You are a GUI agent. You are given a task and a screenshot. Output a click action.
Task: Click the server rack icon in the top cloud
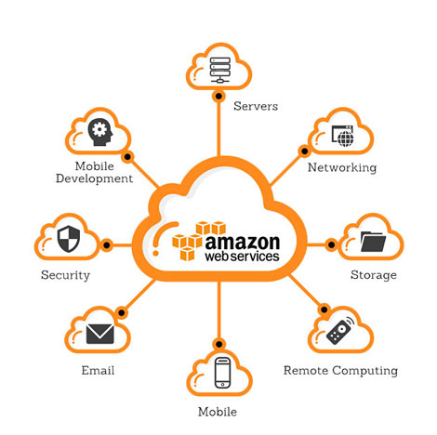(220, 70)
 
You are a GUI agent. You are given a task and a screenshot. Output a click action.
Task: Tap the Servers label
(256, 106)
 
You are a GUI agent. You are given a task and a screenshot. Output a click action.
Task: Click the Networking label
(342, 167)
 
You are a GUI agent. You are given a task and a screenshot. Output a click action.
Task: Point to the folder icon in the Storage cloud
(373, 242)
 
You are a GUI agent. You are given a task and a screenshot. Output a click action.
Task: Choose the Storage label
(374, 275)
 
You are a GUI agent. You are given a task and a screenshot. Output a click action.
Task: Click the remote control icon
(340, 330)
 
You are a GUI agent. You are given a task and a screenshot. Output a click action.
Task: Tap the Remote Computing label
(340, 371)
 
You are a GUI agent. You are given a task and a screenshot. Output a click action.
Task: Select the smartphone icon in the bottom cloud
(223, 373)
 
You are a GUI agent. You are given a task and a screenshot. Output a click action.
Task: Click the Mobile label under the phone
(218, 412)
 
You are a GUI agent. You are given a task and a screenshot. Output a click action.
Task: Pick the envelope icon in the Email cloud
(100, 334)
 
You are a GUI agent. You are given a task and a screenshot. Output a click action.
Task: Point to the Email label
(98, 370)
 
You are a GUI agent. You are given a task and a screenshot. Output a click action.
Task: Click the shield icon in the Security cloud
(69, 239)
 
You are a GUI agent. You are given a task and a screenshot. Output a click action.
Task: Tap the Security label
(65, 275)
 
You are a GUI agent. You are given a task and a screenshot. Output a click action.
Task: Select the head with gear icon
(100, 132)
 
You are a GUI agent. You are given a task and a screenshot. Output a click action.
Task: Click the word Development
(94, 178)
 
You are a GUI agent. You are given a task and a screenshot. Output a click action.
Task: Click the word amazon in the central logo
(243, 243)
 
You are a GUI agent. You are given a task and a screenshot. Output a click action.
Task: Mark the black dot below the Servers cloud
(218, 97)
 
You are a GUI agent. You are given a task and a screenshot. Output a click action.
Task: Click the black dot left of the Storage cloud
(331, 244)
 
